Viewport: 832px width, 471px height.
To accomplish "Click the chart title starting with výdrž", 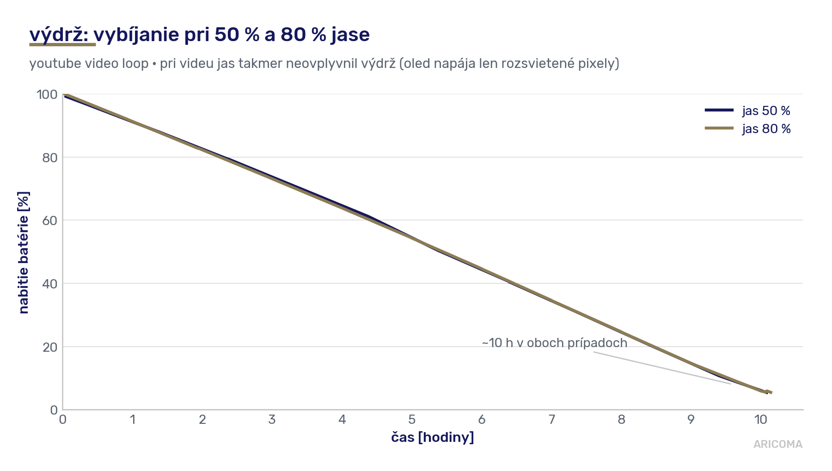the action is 199,35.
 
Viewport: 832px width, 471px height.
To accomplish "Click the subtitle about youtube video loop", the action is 324,63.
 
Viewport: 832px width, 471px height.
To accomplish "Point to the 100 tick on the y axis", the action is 47,95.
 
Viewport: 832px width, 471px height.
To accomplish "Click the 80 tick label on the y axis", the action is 50,158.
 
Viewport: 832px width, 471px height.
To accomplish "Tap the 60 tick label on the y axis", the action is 50,220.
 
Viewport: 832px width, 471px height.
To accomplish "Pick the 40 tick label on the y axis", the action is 50,284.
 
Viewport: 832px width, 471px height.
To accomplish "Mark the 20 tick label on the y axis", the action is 50,347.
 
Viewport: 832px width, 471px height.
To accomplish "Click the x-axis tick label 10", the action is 761,420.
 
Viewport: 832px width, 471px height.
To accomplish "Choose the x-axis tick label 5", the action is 412,420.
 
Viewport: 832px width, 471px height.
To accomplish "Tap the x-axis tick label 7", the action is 551,420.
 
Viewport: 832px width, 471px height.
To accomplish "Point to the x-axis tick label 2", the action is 202,420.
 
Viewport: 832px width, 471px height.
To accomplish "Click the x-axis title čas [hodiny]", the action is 433,437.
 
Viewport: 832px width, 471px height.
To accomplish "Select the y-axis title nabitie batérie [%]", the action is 24,252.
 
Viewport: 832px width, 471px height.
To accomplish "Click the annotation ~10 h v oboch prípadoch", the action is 555,343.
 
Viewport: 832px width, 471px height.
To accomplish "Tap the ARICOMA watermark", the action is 778,444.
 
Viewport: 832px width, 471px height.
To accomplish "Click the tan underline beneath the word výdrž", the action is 62,45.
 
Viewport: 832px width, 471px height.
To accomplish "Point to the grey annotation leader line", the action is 662,368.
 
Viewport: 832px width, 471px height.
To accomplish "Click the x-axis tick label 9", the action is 691,420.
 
